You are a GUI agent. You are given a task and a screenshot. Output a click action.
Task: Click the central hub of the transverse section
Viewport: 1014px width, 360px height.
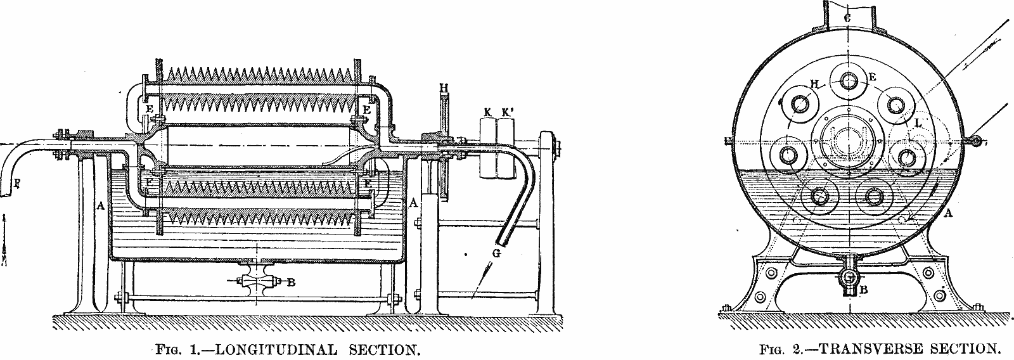(x=848, y=139)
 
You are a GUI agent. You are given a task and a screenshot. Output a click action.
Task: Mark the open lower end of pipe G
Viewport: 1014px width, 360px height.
(x=502, y=241)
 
